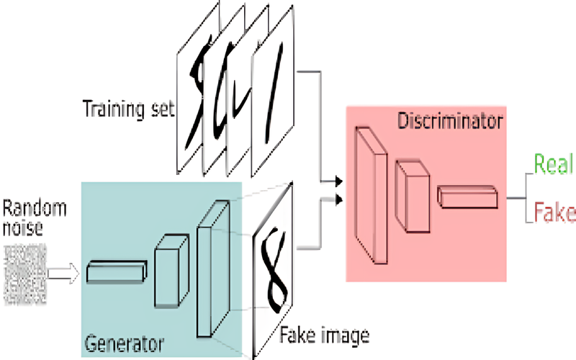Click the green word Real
554,164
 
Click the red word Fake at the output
554,212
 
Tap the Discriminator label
450,121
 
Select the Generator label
124,344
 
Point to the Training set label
128,109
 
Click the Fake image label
325,336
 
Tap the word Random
35,209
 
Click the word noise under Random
23,228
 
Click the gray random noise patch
25,275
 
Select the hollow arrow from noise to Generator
63,274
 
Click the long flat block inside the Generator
117,272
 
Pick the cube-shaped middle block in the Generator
171,271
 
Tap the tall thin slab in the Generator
213,269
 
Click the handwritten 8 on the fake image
274,269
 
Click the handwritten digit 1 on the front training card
274,93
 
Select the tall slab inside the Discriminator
371,195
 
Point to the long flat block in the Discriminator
467,197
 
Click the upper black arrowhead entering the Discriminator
338,181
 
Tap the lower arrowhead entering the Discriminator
338,199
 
